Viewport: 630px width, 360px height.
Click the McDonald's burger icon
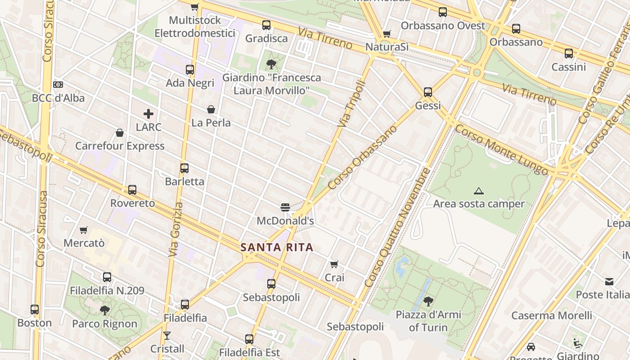tap(285, 207)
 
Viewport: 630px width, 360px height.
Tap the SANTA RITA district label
tap(277, 247)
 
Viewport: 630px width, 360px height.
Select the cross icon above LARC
tap(148, 114)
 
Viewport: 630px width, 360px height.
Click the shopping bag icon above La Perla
tap(211, 109)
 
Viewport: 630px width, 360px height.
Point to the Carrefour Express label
tap(120, 146)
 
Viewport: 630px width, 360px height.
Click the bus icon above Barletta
tap(184, 168)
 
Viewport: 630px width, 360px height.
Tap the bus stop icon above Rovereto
tap(132, 190)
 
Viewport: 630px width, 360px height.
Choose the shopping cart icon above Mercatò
tap(83, 230)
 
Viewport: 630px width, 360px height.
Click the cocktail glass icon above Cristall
tap(167, 336)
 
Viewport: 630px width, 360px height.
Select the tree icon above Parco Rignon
tap(104, 310)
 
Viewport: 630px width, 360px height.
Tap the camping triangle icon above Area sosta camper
tap(479, 191)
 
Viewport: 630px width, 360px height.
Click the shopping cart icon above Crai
tap(334, 264)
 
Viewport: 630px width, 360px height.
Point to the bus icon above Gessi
tap(427, 92)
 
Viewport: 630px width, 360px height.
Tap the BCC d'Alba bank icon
tap(58, 85)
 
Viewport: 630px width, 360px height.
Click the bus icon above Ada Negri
tap(190, 70)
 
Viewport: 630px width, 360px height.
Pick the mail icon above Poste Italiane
tap(609, 282)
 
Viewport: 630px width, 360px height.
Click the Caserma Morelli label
tap(552, 315)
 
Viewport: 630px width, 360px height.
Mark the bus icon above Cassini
tap(569, 54)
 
